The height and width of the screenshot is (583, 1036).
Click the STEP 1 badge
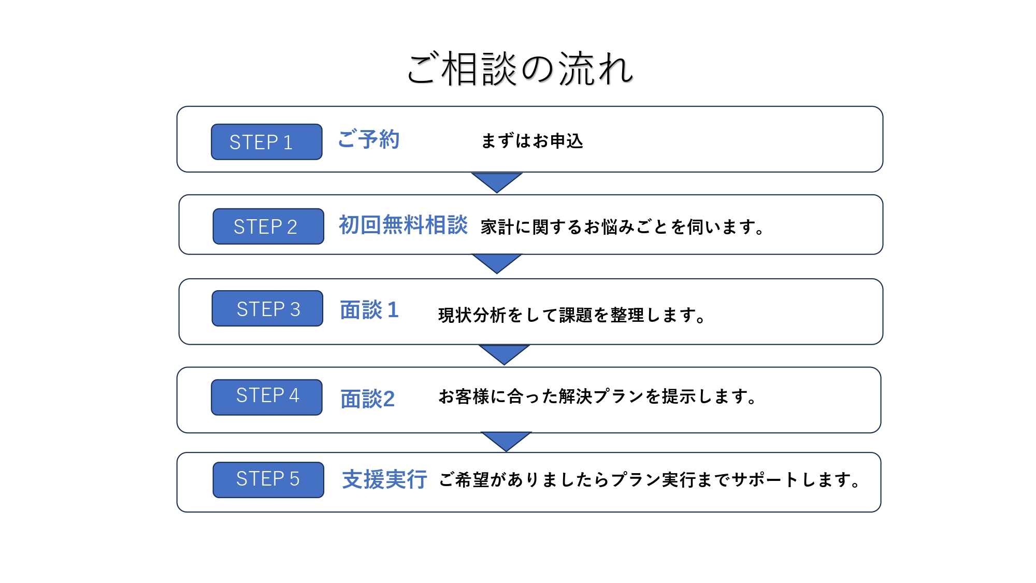[266, 141]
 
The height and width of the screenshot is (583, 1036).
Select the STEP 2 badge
[268, 226]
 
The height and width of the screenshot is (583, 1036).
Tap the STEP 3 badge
[267, 308]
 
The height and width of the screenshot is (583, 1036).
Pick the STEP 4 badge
[266, 397]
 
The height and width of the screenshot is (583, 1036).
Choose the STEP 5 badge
[268, 479]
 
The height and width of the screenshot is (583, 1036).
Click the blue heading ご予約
[368, 139]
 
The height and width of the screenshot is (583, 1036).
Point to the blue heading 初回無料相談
[403, 225]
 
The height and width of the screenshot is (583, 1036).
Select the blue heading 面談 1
[369, 310]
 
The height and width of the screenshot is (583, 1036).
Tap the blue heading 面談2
[367, 399]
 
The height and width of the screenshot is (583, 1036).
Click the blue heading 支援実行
[384, 479]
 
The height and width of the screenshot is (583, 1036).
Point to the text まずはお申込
[532, 141]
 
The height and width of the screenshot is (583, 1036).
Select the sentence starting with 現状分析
[571, 315]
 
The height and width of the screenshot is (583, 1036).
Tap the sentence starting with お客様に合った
[597, 396]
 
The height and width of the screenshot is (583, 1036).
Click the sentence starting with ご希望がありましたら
[649, 480]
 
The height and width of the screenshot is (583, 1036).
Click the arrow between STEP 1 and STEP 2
[497, 181]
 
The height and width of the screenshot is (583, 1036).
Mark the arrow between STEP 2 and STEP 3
[497, 262]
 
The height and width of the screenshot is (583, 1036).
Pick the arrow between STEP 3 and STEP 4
[504, 353]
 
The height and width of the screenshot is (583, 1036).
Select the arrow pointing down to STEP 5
[506, 440]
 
